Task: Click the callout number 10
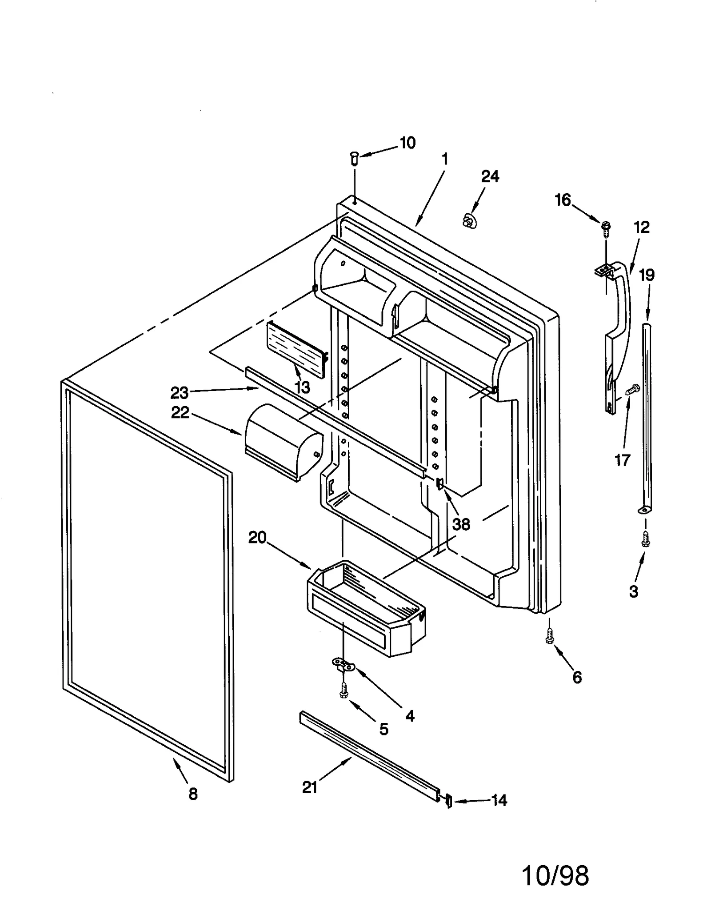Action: pyautogui.click(x=407, y=143)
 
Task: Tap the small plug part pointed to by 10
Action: pyautogui.click(x=354, y=157)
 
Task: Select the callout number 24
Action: pyautogui.click(x=490, y=176)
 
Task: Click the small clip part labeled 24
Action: pyautogui.click(x=468, y=220)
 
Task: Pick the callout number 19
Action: pyautogui.click(x=647, y=275)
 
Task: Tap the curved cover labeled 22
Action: pyautogui.click(x=282, y=442)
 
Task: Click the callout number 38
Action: pyautogui.click(x=461, y=524)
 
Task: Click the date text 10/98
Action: pyautogui.click(x=555, y=876)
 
